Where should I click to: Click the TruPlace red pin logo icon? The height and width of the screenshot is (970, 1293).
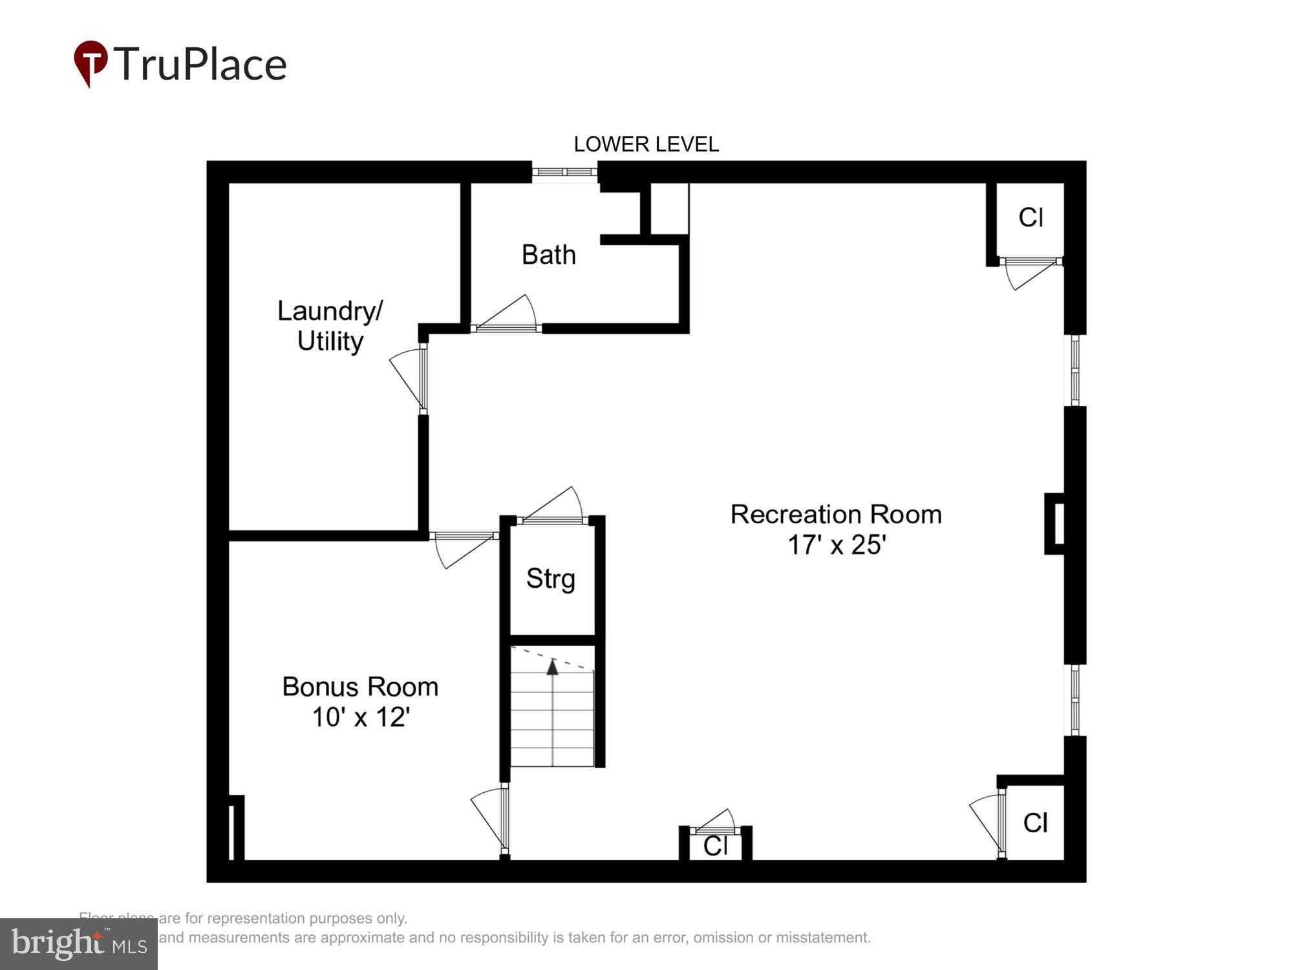pyautogui.click(x=91, y=63)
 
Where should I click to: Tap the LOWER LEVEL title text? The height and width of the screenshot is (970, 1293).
pyautogui.click(x=646, y=144)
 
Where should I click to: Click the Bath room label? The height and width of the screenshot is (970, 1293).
pyautogui.click(x=548, y=255)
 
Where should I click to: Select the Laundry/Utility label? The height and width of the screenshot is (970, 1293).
pyautogui.click(x=330, y=326)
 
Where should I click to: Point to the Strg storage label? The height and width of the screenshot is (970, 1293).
pyautogui.click(x=550, y=578)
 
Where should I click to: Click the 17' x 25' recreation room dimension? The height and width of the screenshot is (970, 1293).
pyautogui.click(x=836, y=544)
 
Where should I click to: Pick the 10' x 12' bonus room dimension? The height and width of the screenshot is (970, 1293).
pyautogui.click(x=361, y=717)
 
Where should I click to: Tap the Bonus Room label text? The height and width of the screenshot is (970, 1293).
pyautogui.click(x=360, y=687)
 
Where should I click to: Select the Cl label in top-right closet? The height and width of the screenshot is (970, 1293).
pyautogui.click(x=1031, y=218)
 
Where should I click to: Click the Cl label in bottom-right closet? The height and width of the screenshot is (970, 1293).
pyautogui.click(x=1034, y=823)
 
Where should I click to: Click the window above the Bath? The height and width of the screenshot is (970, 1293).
pyautogui.click(x=564, y=172)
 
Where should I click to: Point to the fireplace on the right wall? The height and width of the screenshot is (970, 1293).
pyautogui.click(x=1056, y=524)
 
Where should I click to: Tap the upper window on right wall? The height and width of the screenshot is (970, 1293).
pyautogui.click(x=1074, y=370)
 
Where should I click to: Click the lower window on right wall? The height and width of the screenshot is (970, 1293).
pyautogui.click(x=1074, y=700)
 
